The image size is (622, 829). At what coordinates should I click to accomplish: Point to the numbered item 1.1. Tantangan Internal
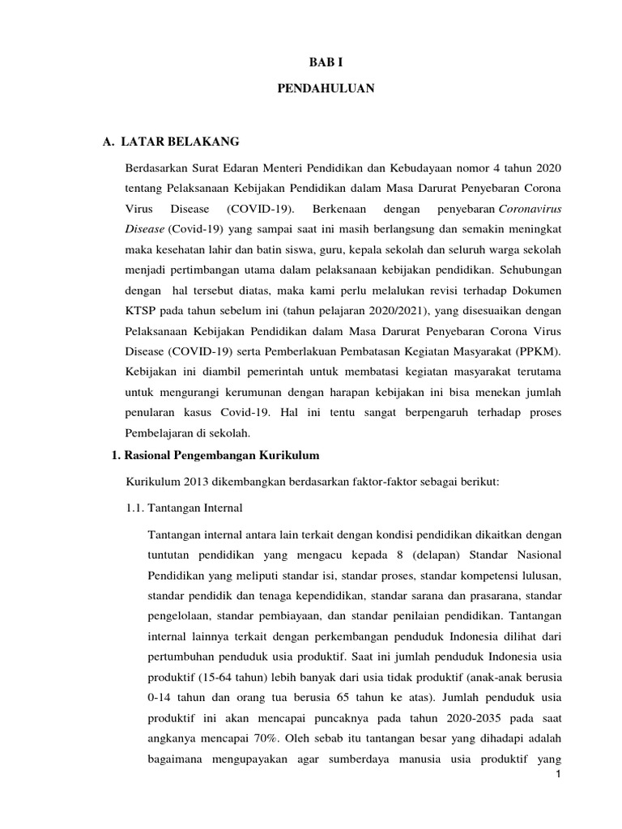[177, 509]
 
